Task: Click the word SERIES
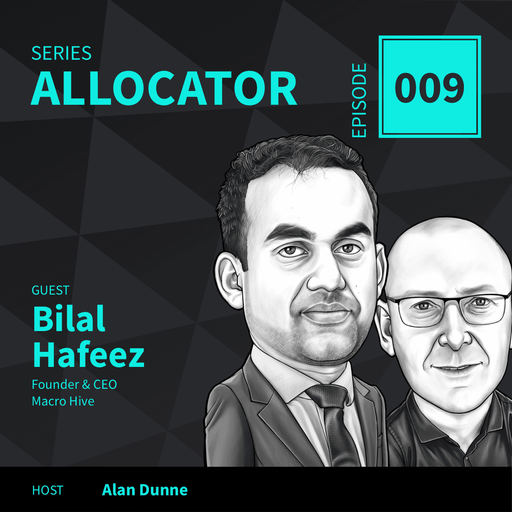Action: tap(61, 53)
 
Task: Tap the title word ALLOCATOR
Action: tap(164, 88)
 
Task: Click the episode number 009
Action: tap(429, 88)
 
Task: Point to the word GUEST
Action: tap(50, 291)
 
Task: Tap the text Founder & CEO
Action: tap(74, 384)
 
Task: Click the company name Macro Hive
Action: tap(63, 401)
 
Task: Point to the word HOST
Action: tap(47, 490)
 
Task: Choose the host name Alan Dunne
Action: tap(145, 490)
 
